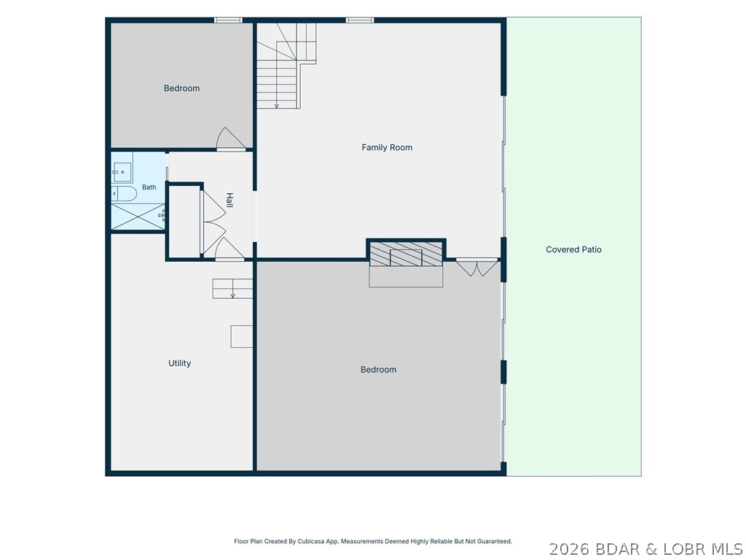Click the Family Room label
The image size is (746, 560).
click(387, 147)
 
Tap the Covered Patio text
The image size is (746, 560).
click(573, 249)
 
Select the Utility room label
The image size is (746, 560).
click(179, 363)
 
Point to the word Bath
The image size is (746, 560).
click(149, 187)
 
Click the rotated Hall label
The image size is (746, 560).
click(229, 200)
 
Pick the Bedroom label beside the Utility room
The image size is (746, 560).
click(378, 370)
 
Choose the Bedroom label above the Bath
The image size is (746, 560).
click(181, 88)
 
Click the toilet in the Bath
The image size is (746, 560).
click(124, 193)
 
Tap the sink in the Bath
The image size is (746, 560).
click(122, 172)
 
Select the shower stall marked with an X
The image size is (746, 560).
click(138, 217)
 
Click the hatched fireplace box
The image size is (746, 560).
click(406, 254)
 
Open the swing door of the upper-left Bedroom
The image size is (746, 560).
click(231, 139)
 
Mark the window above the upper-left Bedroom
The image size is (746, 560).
click(228, 20)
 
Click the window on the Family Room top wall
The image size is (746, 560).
click(360, 20)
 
